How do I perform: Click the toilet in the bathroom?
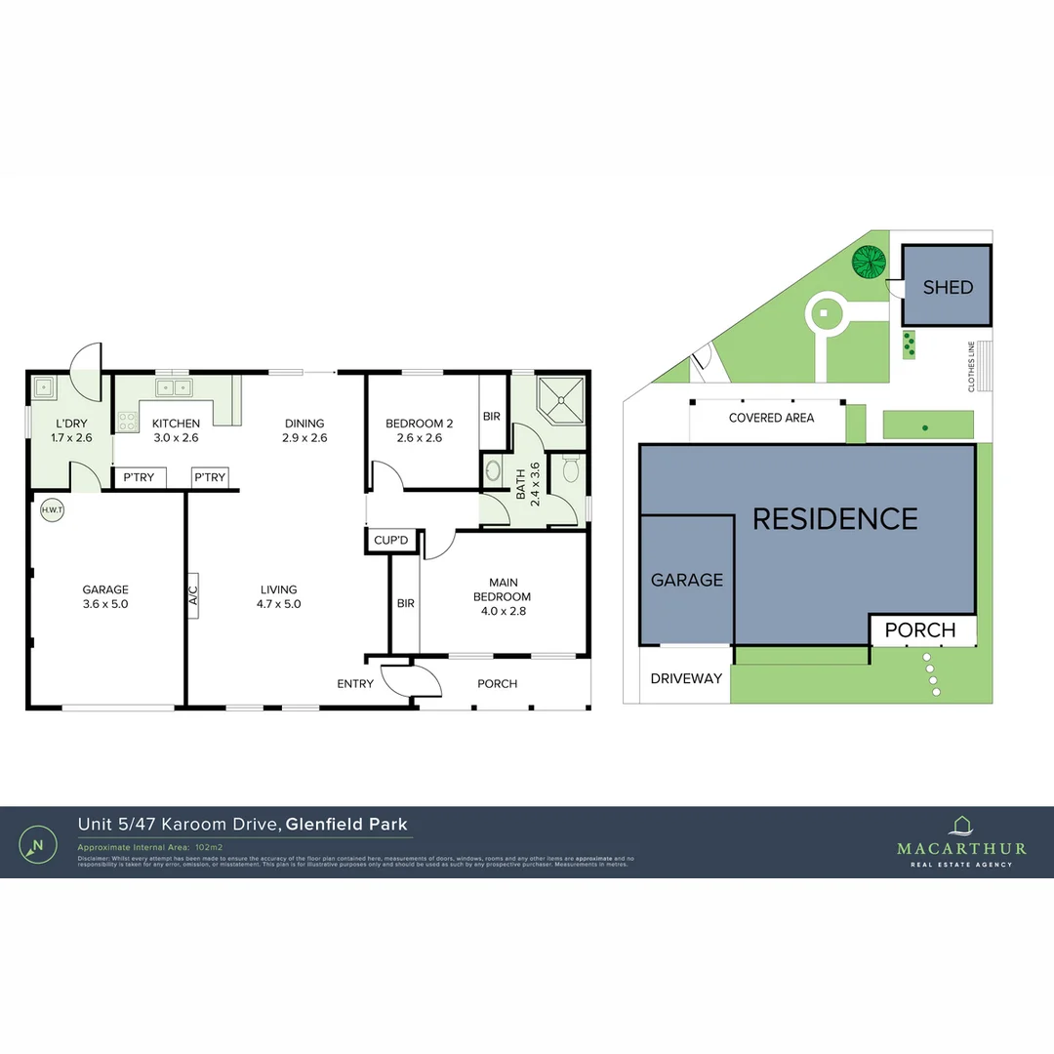pyautogui.click(x=571, y=471)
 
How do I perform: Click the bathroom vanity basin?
pyautogui.click(x=494, y=471)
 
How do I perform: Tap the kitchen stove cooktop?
pyautogui.click(x=128, y=421)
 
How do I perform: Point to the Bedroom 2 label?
pyautogui.click(x=420, y=424)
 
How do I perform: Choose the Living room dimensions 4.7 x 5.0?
pyautogui.click(x=278, y=603)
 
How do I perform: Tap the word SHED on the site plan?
pyautogui.click(x=948, y=287)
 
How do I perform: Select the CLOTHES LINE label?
pyautogui.click(x=971, y=366)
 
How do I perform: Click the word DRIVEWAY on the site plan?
pyautogui.click(x=686, y=678)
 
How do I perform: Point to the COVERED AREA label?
pyautogui.click(x=771, y=418)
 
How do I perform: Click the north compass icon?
pyautogui.click(x=37, y=844)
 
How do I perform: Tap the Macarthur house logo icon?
pyautogui.click(x=961, y=826)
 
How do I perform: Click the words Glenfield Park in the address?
pyautogui.click(x=346, y=825)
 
